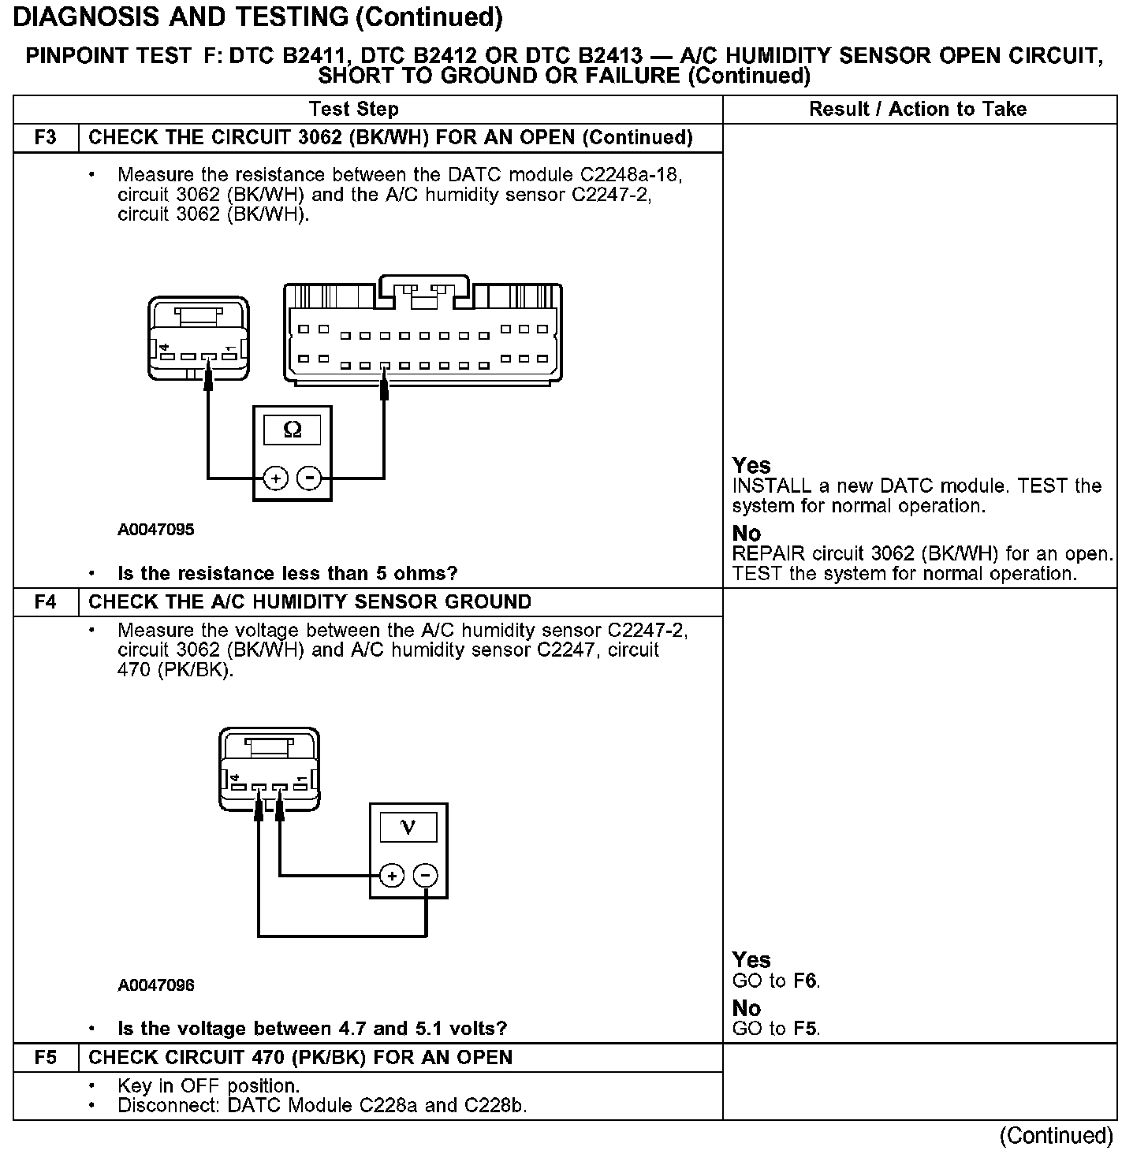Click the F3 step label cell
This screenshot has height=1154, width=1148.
pyautogui.click(x=46, y=138)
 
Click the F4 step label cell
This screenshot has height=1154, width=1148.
pyautogui.click(x=46, y=602)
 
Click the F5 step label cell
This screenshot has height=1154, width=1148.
pyautogui.click(x=46, y=1058)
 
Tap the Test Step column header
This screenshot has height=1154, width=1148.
pyautogui.click(x=353, y=109)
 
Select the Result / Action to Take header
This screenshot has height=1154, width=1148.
pyautogui.click(x=918, y=109)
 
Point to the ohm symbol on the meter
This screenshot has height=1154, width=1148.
pyautogui.click(x=292, y=430)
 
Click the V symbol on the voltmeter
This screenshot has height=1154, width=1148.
pyautogui.click(x=408, y=827)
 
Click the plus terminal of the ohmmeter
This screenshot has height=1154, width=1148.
pyautogui.click(x=275, y=478)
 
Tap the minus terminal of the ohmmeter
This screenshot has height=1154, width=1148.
pyautogui.click(x=310, y=478)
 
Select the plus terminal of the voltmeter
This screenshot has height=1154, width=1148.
pyautogui.click(x=392, y=876)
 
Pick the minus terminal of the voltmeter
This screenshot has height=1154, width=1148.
pyautogui.click(x=426, y=876)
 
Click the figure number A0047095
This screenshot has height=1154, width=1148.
pyautogui.click(x=156, y=530)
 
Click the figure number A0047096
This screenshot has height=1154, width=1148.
pyautogui.click(x=156, y=985)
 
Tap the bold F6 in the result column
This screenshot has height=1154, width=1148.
pyautogui.click(x=806, y=981)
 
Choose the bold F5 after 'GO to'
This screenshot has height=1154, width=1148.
pyautogui.click(x=806, y=1029)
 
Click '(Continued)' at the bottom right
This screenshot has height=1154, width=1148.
pyautogui.click(x=1056, y=1136)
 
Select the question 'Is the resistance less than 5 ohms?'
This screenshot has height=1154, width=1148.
pyautogui.click(x=287, y=573)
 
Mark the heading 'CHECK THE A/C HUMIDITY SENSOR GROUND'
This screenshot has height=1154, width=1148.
pyautogui.click(x=310, y=602)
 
